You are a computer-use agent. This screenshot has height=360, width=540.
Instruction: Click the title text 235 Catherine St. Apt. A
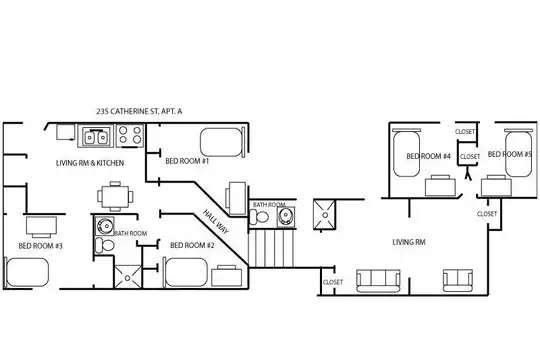139,111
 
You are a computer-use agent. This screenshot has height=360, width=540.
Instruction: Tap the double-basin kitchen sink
95,136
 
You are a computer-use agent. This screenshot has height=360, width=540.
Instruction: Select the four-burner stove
129,135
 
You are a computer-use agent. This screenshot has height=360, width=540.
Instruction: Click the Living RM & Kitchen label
90,163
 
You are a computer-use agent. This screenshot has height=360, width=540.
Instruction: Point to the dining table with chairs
115,196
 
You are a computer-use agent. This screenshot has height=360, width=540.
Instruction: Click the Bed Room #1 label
187,161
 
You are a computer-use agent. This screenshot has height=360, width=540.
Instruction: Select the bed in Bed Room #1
222,142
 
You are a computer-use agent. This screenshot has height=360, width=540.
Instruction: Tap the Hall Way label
216,222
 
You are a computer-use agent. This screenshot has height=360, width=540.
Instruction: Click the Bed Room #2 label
192,245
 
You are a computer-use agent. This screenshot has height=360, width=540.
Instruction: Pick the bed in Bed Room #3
26,272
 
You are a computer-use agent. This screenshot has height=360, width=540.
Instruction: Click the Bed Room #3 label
40,246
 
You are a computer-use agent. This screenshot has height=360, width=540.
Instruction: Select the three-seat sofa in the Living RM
378,281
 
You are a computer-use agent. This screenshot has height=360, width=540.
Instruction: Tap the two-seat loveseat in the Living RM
458,280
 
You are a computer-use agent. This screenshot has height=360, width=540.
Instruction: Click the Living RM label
409,242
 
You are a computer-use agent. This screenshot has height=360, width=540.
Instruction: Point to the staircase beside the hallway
271,248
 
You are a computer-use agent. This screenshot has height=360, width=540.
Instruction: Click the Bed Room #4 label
428,156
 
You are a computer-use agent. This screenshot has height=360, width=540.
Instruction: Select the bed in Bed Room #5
519,153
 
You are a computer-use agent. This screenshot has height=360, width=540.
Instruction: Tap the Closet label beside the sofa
333,282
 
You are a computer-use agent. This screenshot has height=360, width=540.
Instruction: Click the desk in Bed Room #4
440,186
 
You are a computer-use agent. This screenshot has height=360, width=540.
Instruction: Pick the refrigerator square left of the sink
65,132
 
